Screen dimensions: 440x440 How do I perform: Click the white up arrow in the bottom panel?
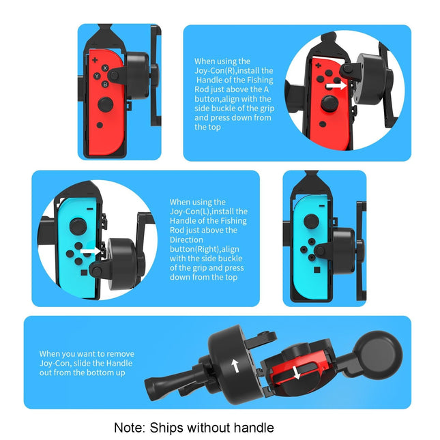point(235,366)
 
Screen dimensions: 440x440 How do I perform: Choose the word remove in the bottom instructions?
point(120,353)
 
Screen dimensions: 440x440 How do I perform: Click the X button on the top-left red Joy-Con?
point(104,68)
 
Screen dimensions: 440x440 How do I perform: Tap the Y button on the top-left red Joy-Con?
point(97,75)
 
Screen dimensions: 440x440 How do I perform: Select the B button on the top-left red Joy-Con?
point(104,85)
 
